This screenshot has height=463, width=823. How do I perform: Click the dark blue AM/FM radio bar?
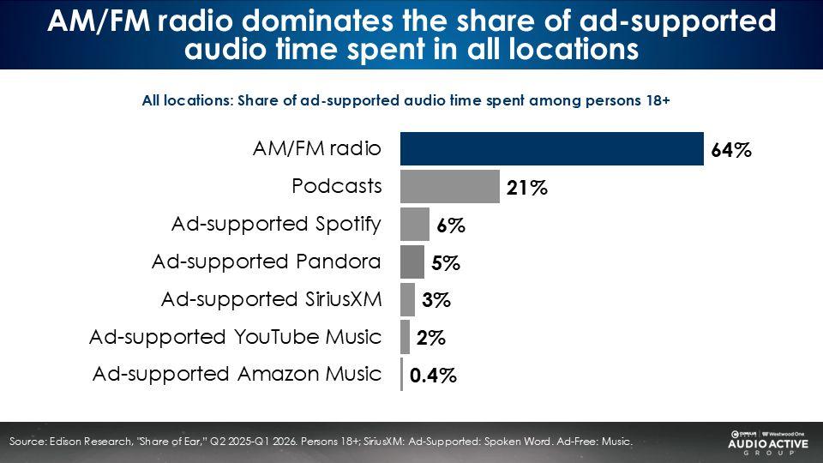pyautogui.click(x=551, y=148)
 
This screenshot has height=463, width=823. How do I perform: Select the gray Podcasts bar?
pyautogui.click(x=449, y=186)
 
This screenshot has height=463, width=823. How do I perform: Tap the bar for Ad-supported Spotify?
pyautogui.click(x=414, y=224)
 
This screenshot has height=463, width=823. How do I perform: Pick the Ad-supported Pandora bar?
pyautogui.click(x=411, y=262)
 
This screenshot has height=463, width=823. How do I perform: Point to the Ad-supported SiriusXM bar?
pyautogui.click(x=407, y=299)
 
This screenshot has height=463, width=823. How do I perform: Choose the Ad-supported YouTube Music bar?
pyautogui.click(x=405, y=337)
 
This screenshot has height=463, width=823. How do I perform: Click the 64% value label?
pyautogui.click(x=730, y=151)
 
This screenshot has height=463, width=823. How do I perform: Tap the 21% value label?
pyautogui.click(x=526, y=189)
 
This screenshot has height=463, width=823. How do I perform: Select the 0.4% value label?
pyautogui.click(x=433, y=376)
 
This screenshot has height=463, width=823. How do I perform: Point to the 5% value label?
pyautogui.click(x=446, y=264)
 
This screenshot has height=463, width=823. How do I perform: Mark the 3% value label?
pyautogui.click(x=436, y=301)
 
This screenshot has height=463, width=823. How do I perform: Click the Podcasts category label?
pyautogui.click(x=337, y=185)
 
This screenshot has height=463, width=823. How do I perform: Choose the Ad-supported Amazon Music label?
pyautogui.click(x=237, y=374)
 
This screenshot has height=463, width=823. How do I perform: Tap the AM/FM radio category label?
pyautogui.click(x=316, y=147)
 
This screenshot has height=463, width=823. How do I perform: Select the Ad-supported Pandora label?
pyautogui.click(x=267, y=261)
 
